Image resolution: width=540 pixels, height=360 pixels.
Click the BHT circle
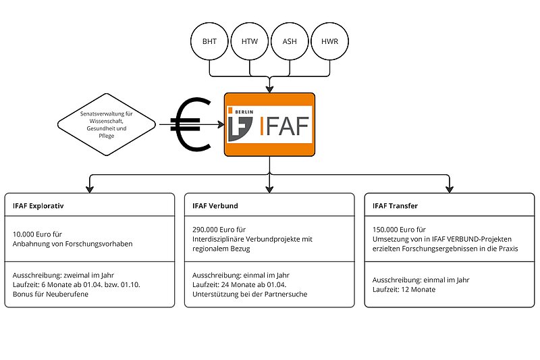[x=210, y=42]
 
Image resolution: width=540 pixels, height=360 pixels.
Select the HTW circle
[x=250, y=42]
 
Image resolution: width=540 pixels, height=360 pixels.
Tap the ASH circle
[x=290, y=42]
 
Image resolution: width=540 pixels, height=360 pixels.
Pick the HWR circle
[x=330, y=42]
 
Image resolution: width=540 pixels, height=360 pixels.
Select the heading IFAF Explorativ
[x=38, y=205]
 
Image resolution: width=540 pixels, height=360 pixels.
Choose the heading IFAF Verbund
[x=215, y=205]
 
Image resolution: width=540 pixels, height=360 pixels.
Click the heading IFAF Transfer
[x=396, y=205]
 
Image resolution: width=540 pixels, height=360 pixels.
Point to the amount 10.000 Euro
[x=34, y=234]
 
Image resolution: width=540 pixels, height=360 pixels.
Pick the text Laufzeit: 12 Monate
[x=404, y=289]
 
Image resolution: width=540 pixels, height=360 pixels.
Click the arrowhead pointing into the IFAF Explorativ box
[x=90, y=188]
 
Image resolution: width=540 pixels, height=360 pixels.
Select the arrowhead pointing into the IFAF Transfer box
[x=449, y=188]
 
